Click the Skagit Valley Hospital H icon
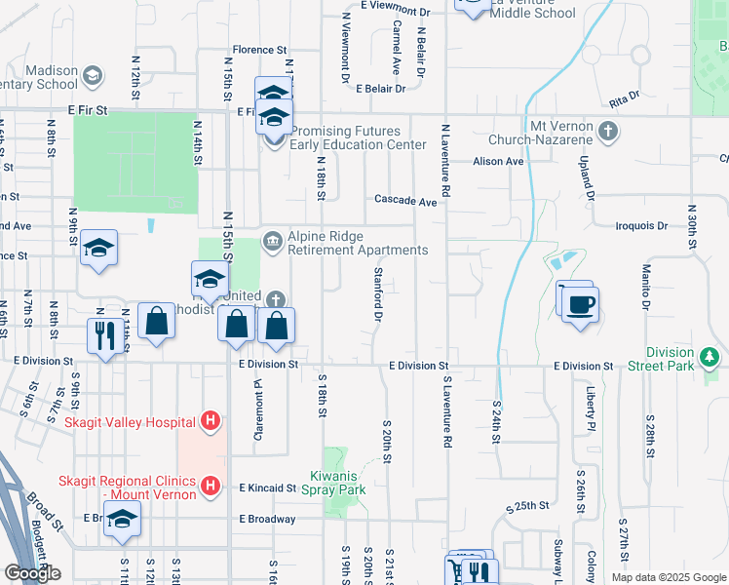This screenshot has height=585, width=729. coord(209,422)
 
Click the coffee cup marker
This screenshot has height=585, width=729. coord(580,304)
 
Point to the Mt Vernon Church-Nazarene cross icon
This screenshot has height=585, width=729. coord(607,130)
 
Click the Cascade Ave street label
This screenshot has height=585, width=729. coord(406,200)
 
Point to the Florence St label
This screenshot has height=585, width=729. coord(259,49)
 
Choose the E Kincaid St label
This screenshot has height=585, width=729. coord(267,487)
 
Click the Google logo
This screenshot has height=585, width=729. coord(32,572)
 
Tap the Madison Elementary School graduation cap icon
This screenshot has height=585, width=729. coord(92,76)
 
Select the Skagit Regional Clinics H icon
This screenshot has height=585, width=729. coord(209,485)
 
